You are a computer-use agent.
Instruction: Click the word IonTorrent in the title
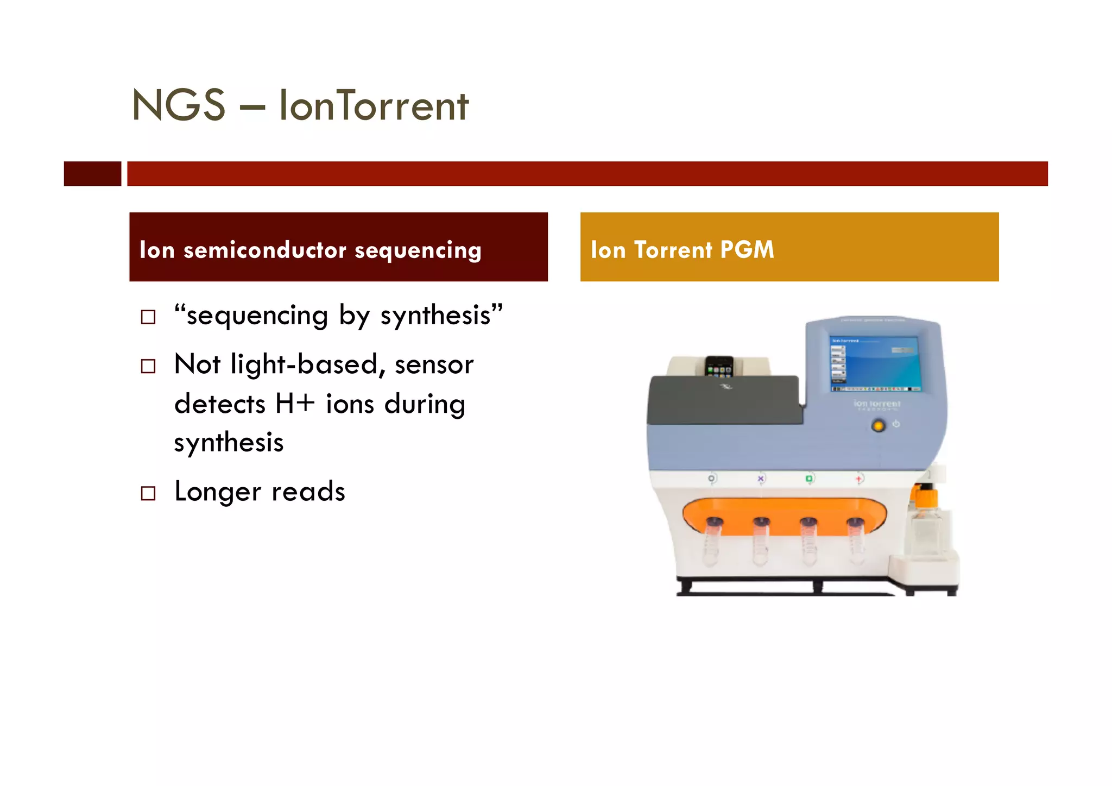click(x=373, y=105)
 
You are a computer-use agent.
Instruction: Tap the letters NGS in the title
click(x=178, y=105)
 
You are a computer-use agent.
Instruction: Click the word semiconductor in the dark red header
click(x=265, y=250)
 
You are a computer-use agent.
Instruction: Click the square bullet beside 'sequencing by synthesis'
click(x=148, y=317)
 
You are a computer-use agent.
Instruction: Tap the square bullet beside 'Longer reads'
click(x=148, y=493)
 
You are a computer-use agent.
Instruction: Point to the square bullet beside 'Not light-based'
click(x=148, y=366)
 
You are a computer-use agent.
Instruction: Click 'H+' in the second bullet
click(x=295, y=404)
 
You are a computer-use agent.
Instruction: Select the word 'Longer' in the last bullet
click(x=217, y=492)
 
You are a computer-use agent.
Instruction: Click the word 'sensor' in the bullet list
click(x=434, y=364)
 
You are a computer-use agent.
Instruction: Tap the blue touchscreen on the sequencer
click(x=874, y=363)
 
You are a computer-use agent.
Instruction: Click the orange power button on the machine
click(x=878, y=426)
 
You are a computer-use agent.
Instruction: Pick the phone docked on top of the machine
click(x=719, y=366)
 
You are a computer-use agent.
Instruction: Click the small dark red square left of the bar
click(x=92, y=174)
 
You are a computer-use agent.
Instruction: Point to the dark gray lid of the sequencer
click(x=725, y=400)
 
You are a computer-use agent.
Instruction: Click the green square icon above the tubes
click(x=809, y=479)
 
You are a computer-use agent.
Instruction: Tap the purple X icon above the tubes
click(x=761, y=479)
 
